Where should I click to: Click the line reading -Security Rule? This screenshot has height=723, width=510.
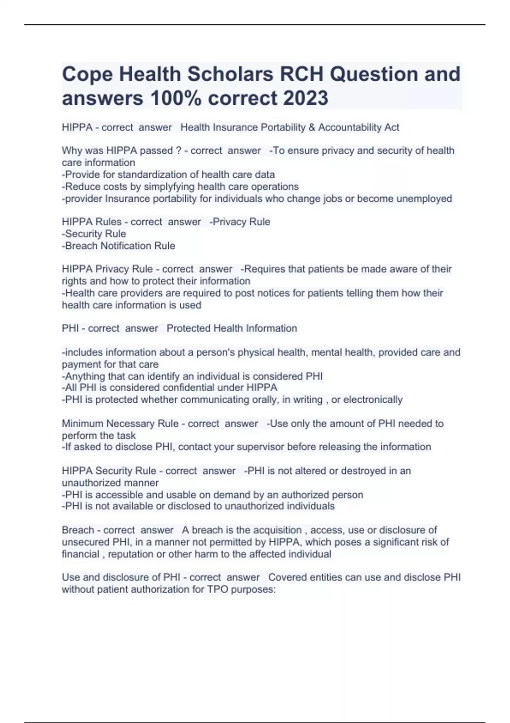(94, 233)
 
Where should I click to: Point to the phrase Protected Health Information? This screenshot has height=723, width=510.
(232, 328)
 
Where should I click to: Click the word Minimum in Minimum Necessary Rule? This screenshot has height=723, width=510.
(82, 424)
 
